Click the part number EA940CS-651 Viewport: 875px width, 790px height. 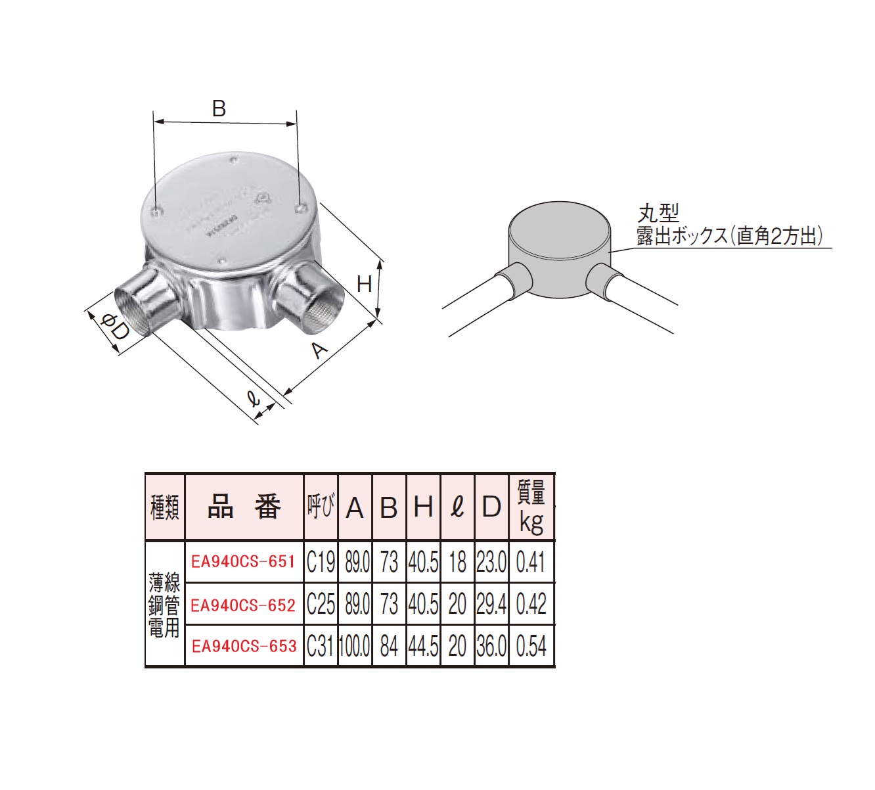tap(244, 562)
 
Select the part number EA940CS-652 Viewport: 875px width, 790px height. tap(244, 605)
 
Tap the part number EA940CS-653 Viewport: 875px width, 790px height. tap(244, 647)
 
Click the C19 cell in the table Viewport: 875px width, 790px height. tap(321, 562)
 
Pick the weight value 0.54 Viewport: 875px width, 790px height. tap(531, 647)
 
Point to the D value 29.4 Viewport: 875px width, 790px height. tap(491, 605)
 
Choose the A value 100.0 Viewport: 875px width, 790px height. tap(354, 647)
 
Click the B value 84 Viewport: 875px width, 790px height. tap(389, 647)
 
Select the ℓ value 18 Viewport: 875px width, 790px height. tap(458, 562)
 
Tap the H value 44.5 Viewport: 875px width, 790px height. tap(423, 647)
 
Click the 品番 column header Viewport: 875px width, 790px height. tap(244, 507)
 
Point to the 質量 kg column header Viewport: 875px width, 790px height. tap(531, 507)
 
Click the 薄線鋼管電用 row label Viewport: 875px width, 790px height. tap(164, 605)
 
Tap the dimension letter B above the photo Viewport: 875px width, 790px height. tap(219, 108)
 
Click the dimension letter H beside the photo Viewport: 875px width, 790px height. tap(364, 284)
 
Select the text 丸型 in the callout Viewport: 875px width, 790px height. tap(658, 214)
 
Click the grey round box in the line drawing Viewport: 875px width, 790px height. tap(560, 250)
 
